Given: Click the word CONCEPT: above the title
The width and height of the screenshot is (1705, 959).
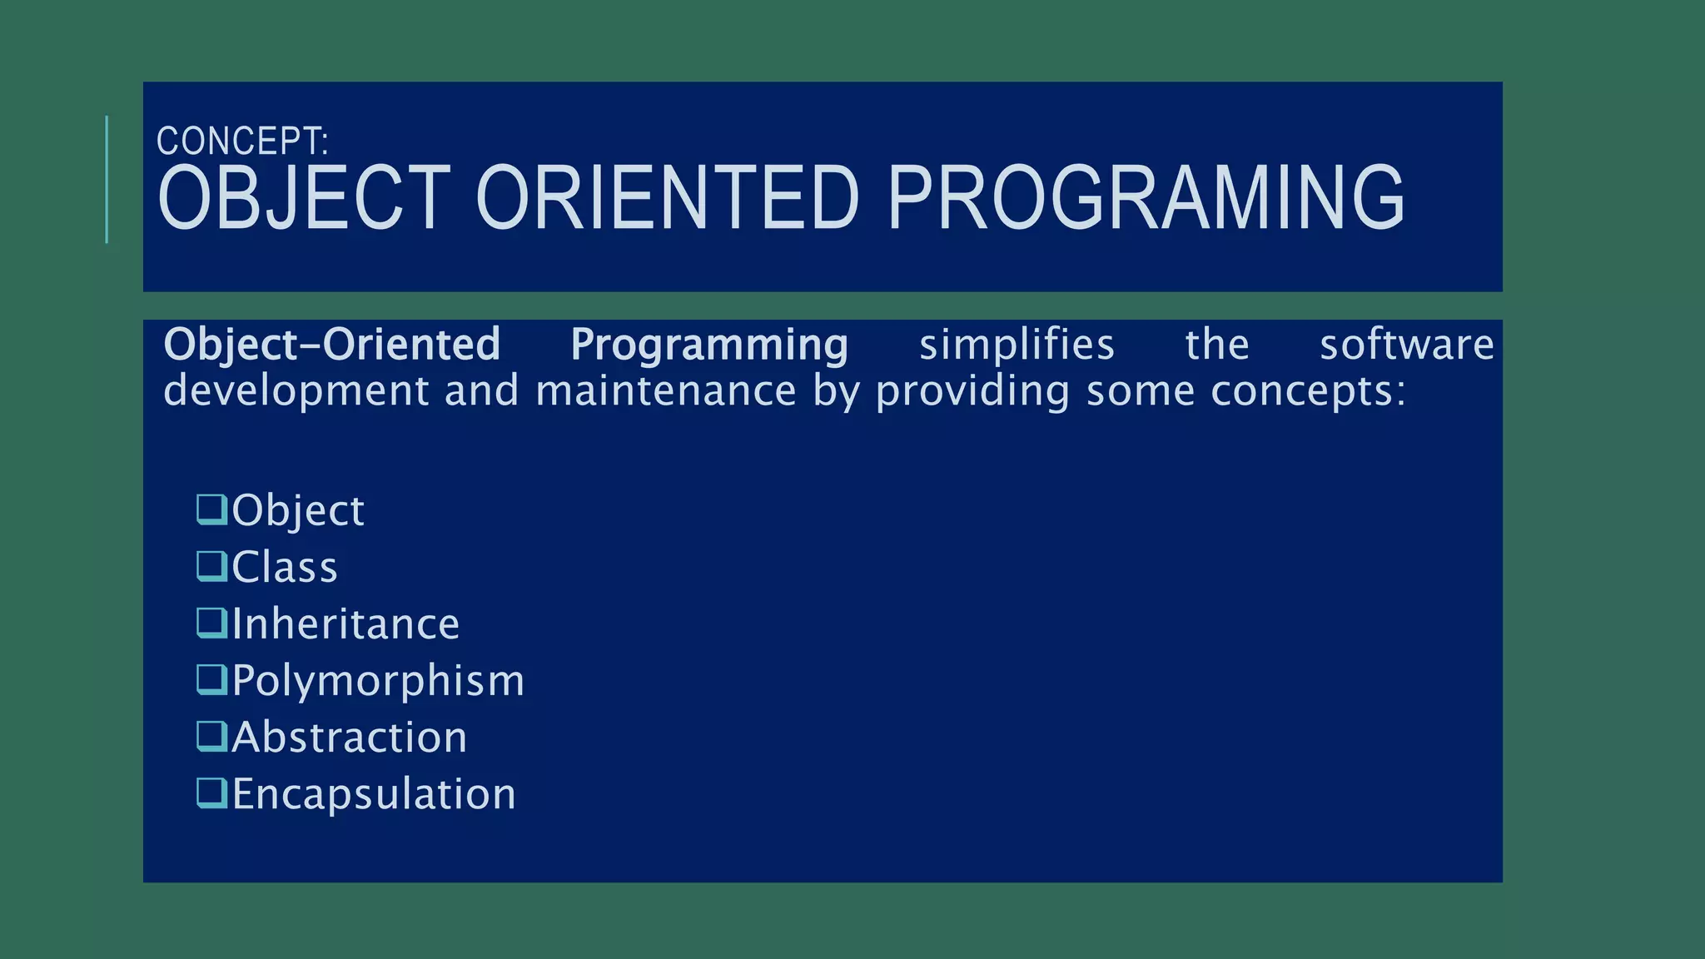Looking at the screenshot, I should click(242, 142).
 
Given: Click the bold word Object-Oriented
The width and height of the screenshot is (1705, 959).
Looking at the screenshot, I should click(331, 345).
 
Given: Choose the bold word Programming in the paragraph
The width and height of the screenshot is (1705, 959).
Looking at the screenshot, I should click(709, 345).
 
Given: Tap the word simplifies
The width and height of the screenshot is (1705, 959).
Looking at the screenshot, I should click(1017, 345).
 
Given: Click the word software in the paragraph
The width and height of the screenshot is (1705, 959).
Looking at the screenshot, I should click(1407, 345).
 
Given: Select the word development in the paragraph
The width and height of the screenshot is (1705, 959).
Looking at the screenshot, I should click(296, 391).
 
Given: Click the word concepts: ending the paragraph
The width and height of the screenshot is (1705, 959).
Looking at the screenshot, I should click(1308, 391).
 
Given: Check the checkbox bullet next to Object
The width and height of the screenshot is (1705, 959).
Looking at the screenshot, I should click(211, 509).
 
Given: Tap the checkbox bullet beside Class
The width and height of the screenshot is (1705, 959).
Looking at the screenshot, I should click(211, 566).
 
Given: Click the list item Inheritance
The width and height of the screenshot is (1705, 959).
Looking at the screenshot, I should click(345, 624).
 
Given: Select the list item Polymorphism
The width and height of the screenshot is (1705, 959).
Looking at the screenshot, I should click(378, 680).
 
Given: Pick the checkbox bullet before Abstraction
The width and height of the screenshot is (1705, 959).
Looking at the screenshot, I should click(211, 737).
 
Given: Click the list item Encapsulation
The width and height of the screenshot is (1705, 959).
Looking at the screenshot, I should click(373, 793).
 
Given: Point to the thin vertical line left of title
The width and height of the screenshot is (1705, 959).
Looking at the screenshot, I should click(107, 180).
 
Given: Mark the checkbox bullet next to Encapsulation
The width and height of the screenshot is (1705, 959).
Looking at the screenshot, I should click(211, 793).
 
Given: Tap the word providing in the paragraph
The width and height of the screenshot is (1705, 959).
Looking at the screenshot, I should click(972, 391).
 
